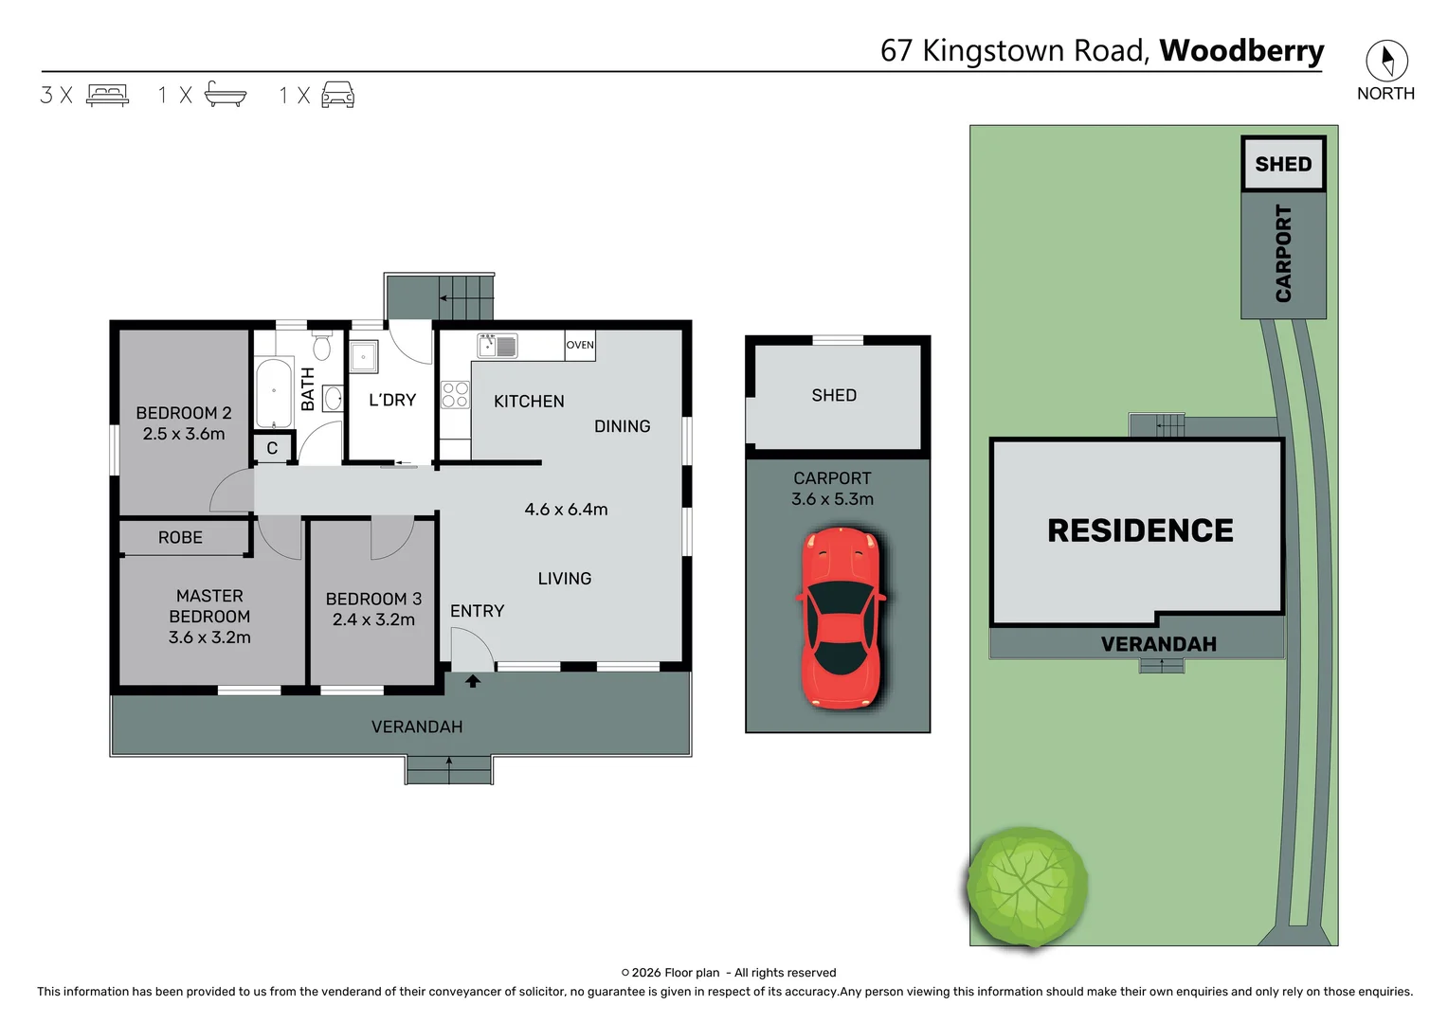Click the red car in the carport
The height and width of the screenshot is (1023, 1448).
pyautogui.click(x=840, y=618)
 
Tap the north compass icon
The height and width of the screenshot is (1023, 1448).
pyautogui.click(x=1385, y=62)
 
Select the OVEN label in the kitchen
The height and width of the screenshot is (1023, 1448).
pyautogui.click(x=580, y=345)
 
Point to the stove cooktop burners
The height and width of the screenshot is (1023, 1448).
pyautogui.click(x=455, y=394)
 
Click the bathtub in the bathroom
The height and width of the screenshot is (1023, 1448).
pyautogui.click(x=274, y=392)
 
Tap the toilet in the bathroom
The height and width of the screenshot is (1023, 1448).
pyautogui.click(x=322, y=347)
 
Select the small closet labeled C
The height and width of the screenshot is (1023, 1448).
pyautogui.click(x=272, y=448)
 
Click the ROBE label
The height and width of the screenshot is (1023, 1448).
pyautogui.click(x=180, y=537)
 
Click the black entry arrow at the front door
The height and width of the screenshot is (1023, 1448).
pyautogui.click(x=472, y=680)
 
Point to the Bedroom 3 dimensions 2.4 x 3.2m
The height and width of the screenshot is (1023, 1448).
pyautogui.click(x=373, y=619)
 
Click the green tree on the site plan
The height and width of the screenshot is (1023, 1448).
pyautogui.click(x=1027, y=887)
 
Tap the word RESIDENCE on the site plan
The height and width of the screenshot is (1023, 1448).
pyautogui.click(x=1140, y=530)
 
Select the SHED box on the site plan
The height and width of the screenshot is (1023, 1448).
pyautogui.click(x=1283, y=164)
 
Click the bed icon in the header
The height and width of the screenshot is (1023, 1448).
pyautogui.click(x=107, y=95)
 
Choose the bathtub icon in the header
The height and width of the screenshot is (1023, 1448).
pyautogui.click(x=226, y=95)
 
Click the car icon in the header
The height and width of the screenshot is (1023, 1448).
pyautogui.click(x=337, y=95)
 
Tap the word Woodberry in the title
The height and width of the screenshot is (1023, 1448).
pyautogui.click(x=1241, y=50)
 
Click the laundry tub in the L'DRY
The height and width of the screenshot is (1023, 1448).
pyautogui.click(x=363, y=357)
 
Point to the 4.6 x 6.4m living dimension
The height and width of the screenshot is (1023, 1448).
pyautogui.click(x=566, y=510)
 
